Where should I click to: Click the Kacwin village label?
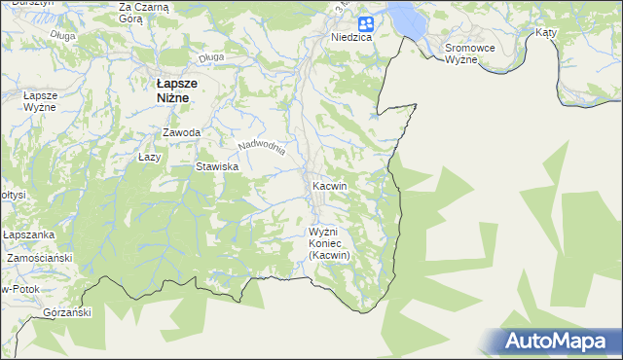click(329, 185)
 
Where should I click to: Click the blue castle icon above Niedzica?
click(364, 23)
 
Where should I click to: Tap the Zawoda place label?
click(182, 132)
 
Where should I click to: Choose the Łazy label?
click(149, 157)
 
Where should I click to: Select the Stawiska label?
click(217, 167)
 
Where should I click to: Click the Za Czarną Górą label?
click(143, 13)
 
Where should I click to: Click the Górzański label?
click(67, 312)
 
